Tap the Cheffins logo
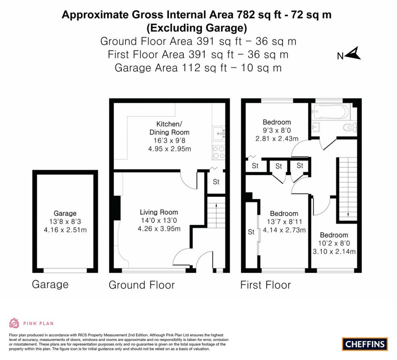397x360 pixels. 365,344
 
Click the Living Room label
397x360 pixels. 159,212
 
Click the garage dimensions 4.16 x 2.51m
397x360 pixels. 65,230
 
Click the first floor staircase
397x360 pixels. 347,188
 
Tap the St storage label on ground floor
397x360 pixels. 216,182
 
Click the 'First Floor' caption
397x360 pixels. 266,285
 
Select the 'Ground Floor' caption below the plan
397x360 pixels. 142,285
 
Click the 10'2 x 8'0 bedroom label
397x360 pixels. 334,244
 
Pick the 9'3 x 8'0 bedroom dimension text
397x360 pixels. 276,131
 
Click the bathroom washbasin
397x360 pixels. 316,127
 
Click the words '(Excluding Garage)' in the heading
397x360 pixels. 197,28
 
